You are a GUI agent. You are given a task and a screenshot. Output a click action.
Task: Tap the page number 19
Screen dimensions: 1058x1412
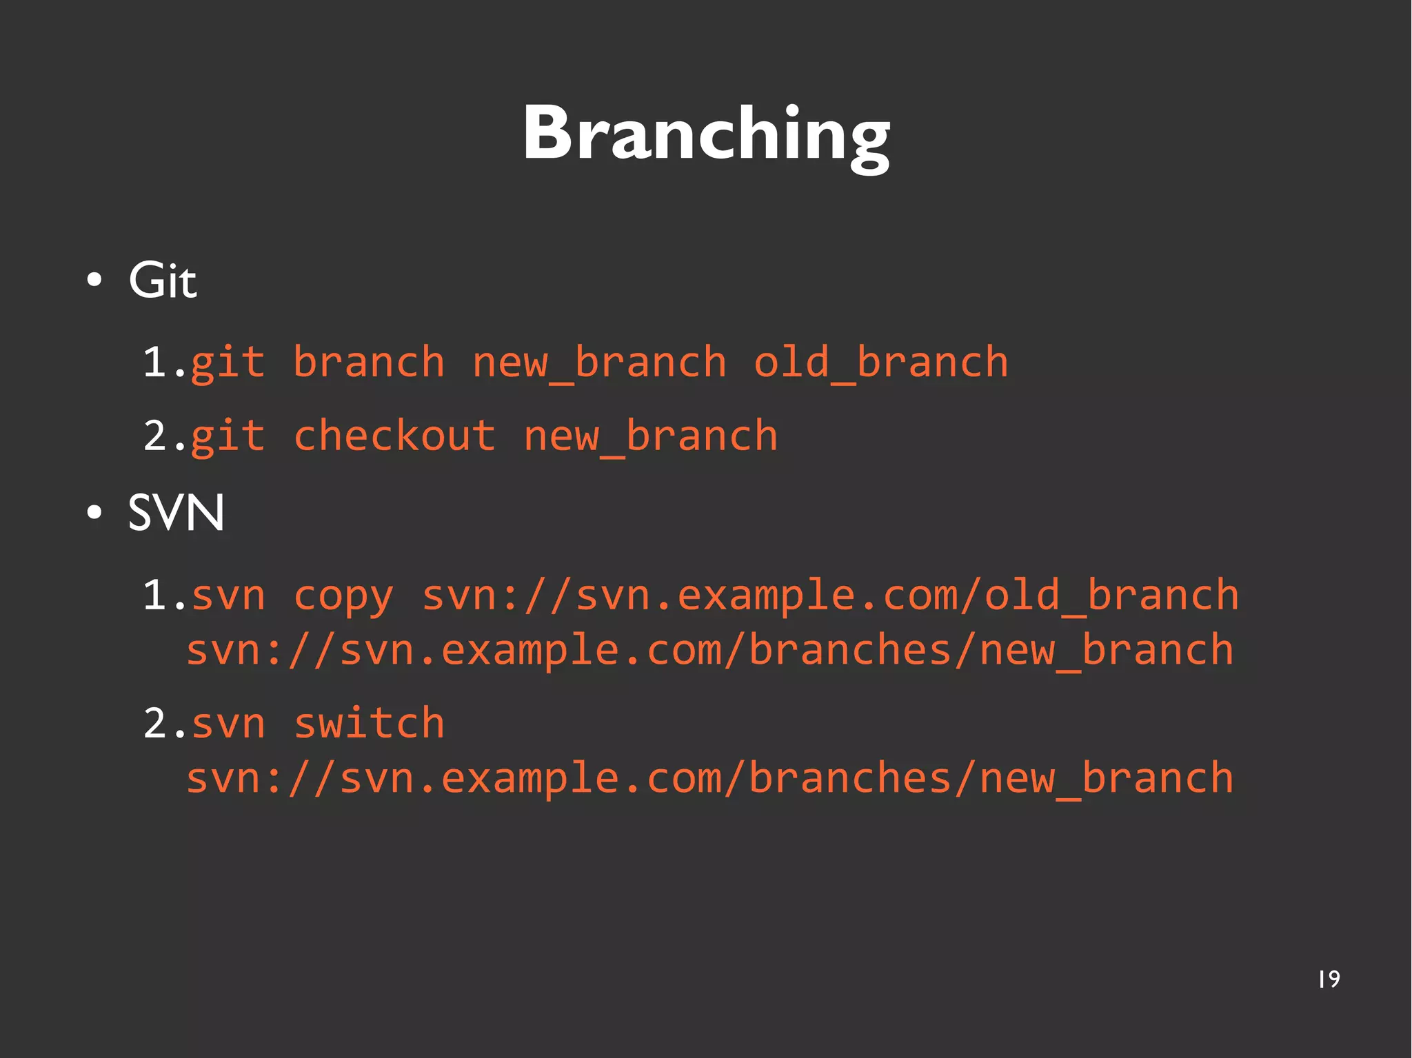pyautogui.click(x=1329, y=979)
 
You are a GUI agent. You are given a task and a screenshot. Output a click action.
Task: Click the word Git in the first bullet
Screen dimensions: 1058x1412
pyautogui.click(x=163, y=281)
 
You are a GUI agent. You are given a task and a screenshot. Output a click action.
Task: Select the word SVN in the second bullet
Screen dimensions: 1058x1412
pyautogui.click(x=176, y=513)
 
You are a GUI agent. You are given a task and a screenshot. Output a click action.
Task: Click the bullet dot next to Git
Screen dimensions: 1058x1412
pyautogui.click(x=94, y=281)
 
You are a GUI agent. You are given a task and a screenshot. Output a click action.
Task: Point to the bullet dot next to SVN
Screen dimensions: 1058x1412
pyautogui.click(x=94, y=513)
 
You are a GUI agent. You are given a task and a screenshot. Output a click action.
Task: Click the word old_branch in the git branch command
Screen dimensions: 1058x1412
pyautogui.click(x=880, y=363)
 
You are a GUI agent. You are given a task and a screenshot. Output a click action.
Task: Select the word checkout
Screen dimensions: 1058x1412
pyautogui.click(x=394, y=436)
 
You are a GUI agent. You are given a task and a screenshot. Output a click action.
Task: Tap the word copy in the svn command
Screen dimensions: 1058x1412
pyautogui.click(x=343, y=596)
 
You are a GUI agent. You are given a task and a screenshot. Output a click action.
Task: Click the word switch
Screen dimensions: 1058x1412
pyautogui.click(x=369, y=724)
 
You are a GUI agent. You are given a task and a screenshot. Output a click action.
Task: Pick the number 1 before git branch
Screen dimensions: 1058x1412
pyautogui.click(x=155, y=363)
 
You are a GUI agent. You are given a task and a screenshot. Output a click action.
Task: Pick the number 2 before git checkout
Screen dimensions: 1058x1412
pyautogui.click(x=155, y=436)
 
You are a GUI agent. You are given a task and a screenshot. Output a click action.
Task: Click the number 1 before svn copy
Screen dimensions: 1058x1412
pyautogui.click(x=155, y=596)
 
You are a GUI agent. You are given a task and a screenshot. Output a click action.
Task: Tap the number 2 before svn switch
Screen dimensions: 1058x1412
pyautogui.click(x=155, y=724)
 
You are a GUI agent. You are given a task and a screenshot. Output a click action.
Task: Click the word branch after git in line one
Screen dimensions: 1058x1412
pyautogui.click(x=369, y=363)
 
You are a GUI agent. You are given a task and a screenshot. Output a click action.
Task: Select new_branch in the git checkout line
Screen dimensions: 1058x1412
pyautogui.click(x=650, y=436)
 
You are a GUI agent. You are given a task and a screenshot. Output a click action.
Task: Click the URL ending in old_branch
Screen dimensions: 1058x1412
pyautogui.click(x=829, y=596)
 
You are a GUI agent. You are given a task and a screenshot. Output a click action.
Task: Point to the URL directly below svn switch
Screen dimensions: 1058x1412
pyautogui.click(x=709, y=779)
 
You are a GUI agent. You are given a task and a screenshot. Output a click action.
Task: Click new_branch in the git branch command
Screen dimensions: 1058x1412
pyautogui.click(x=599, y=363)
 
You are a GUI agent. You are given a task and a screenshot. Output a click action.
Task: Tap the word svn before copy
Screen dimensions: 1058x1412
pyautogui.click(x=228, y=596)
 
